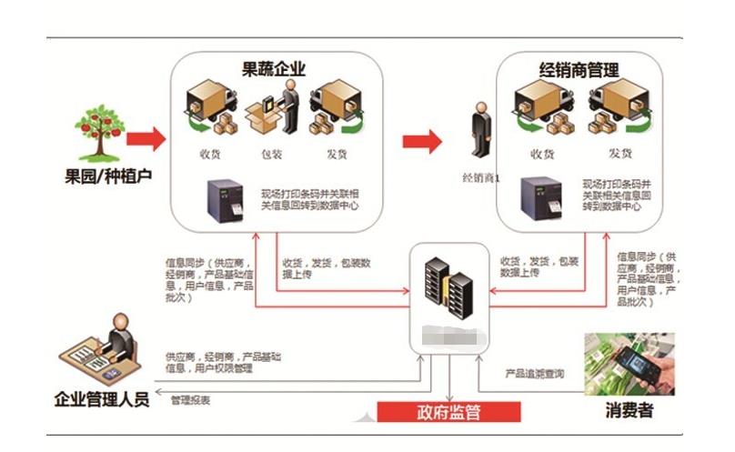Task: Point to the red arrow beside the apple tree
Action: (x=146, y=139)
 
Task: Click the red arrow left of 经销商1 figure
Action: (x=421, y=141)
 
